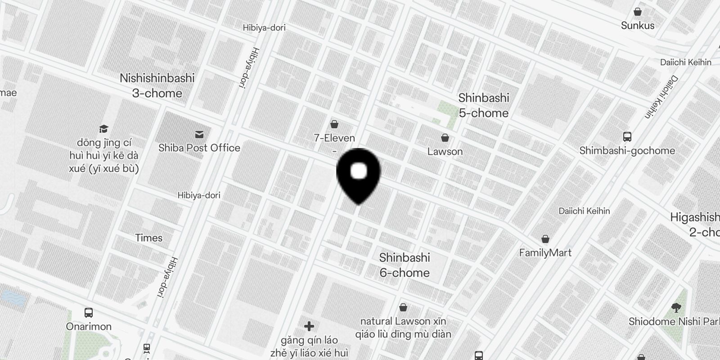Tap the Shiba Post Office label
coord(199,148)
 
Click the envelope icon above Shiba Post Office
coord(199,134)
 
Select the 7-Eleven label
coord(334,138)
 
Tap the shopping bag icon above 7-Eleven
coord(334,124)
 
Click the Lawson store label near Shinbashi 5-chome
coord(445,152)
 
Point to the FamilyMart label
coord(545,253)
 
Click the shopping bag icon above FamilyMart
coord(545,238)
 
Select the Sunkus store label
coord(638,26)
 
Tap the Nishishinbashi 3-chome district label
coord(157,85)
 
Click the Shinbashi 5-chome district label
coord(484,105)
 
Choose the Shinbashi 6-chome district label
coord(405,265)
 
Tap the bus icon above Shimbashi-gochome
coord(627,136)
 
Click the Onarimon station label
coord(89,327)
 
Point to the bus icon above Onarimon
coord(89,312)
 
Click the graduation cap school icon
coord(104,129)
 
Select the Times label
coord(149,238)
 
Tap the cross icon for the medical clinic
coord(309,326)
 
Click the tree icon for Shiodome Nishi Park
coord(675,308)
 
